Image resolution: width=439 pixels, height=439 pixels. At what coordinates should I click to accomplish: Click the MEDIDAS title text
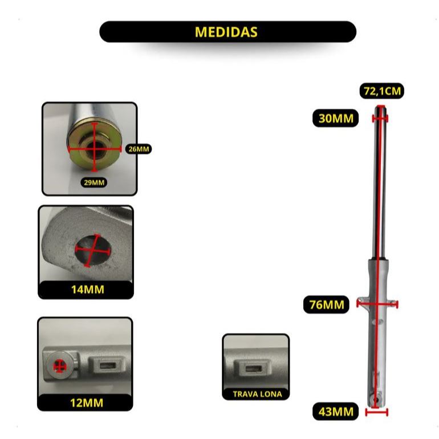coord(226,32)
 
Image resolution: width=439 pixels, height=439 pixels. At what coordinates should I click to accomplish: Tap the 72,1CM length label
coord(382,91)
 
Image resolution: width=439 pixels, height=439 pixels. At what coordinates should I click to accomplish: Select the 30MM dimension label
coord(336,119)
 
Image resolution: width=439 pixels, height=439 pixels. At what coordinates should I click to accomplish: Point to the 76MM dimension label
coord(327,304)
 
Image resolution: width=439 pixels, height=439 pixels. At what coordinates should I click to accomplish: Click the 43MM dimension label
coord(336,412)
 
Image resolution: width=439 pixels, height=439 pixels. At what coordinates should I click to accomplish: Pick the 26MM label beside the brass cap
coord(139,149)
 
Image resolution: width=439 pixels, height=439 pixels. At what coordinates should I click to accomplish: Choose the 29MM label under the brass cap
coord(94,182)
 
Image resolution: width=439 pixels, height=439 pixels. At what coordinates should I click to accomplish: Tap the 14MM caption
coord(88,290)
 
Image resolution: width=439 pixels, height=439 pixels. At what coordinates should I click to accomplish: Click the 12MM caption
coord(87,403)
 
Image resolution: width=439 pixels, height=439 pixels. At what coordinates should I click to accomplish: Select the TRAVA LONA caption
coord(257,394)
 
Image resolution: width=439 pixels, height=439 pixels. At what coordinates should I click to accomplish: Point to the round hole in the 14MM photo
coord(94,250)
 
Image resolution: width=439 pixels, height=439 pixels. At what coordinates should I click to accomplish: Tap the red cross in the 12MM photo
coord(59,366)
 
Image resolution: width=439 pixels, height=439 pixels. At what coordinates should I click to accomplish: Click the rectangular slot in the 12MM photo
coord(108,365)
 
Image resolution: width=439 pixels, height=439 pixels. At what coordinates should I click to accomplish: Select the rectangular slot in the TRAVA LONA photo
coord(254,368)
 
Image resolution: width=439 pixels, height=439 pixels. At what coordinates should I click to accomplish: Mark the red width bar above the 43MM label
coord(376,412)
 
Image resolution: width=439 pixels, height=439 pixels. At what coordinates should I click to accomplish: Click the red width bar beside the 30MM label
coord(380,119)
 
